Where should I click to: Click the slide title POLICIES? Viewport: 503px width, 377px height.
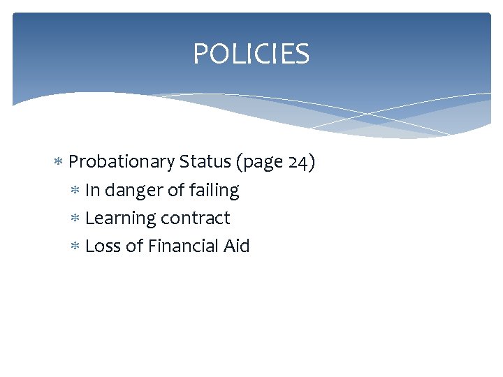pyautogui.click(x=251, y=54)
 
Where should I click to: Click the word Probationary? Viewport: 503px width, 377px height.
pyautogui.click(x=122, y=162)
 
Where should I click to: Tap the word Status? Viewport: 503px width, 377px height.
pyautogui.click(x=205, y=162)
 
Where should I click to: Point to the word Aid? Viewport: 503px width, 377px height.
pyautogui.click(x=235, y=246)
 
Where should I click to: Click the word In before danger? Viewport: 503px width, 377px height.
pyautogui.click(x=92, y=190)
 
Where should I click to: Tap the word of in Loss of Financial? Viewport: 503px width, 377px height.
pyautogui.click(x=134, y=246)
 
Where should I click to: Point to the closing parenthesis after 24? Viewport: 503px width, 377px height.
pyautogui.click(x=312, y=163)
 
